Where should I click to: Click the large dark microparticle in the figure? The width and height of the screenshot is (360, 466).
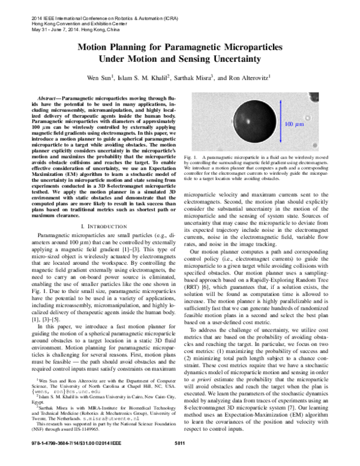(241, 124)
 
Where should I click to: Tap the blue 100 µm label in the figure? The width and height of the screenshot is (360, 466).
(295, 124)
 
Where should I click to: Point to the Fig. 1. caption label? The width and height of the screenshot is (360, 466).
(196, 156)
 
